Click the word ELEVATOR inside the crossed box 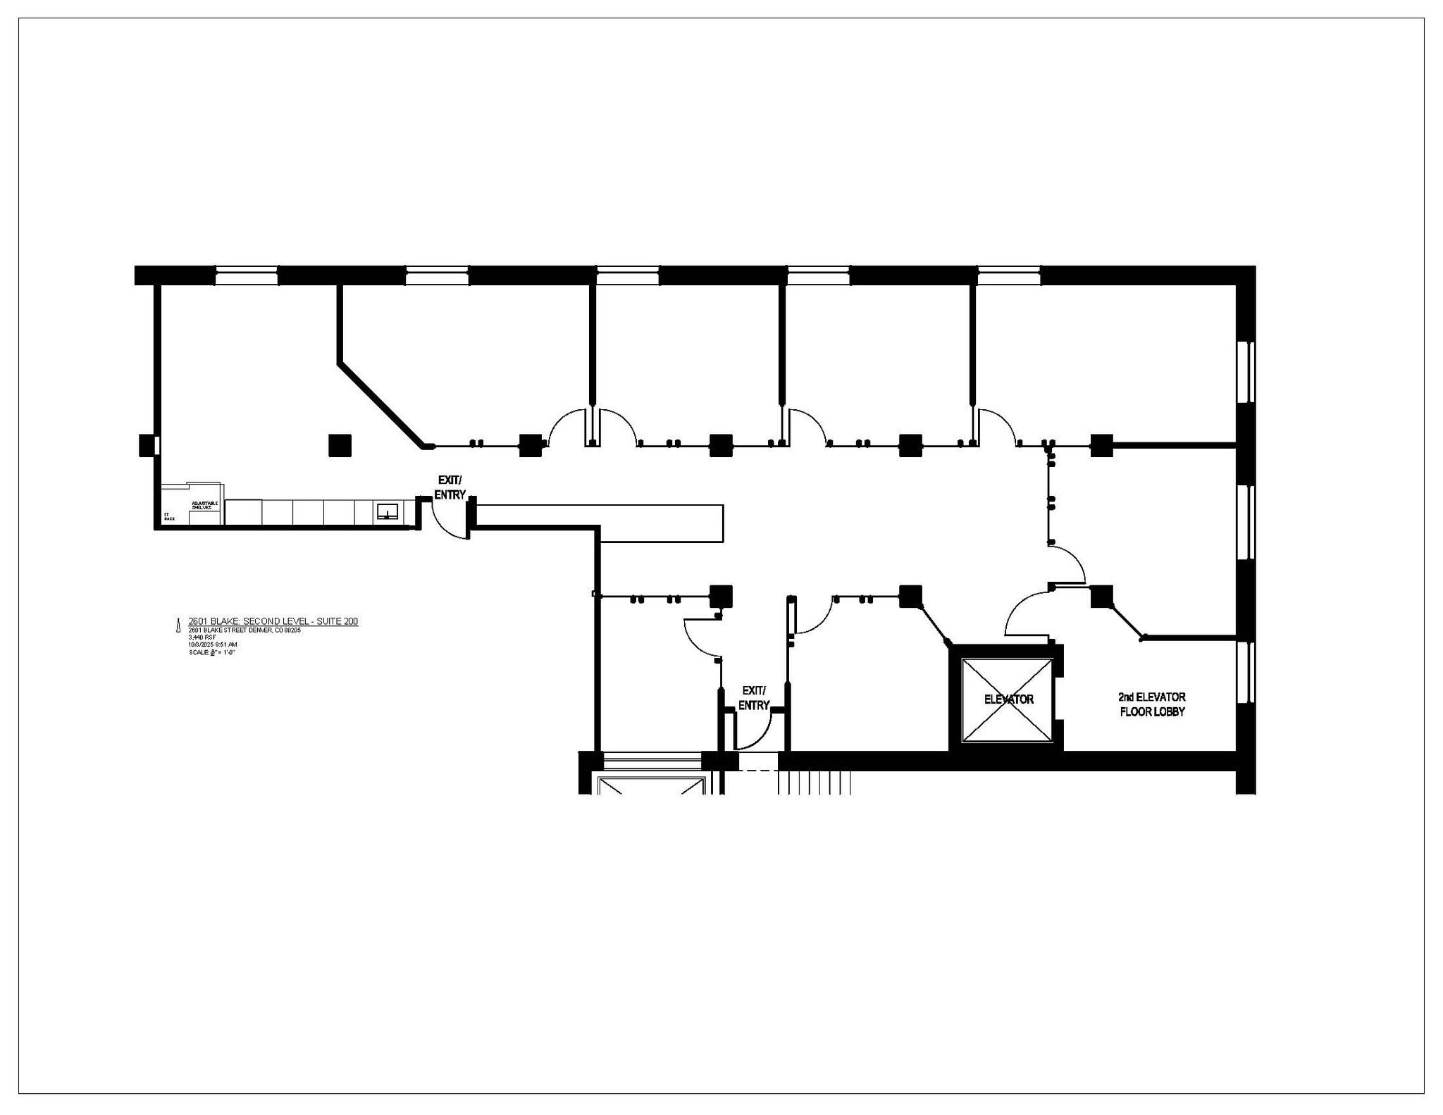[x=1008, y=699]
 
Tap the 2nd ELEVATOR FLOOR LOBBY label [x=1152, y=704]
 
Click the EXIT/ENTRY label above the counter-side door [x=450, y=487]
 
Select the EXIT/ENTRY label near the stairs [x=753, y=697]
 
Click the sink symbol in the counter [x=387, y=511]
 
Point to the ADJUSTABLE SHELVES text [x=204, y=505]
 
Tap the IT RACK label [x=168, y=516]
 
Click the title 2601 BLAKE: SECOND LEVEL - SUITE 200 [x=273, y=621]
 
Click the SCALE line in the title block [x=211, y=652]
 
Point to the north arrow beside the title [x=178, y=625]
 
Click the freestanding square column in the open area [x=340, y=445]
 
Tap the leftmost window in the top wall [x=246, y=275]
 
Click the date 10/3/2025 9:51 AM [x=212, y=644]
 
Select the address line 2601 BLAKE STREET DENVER [x=244, y=630]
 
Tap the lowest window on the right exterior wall [x=1246, y=672]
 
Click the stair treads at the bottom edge [x=815, y=783]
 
